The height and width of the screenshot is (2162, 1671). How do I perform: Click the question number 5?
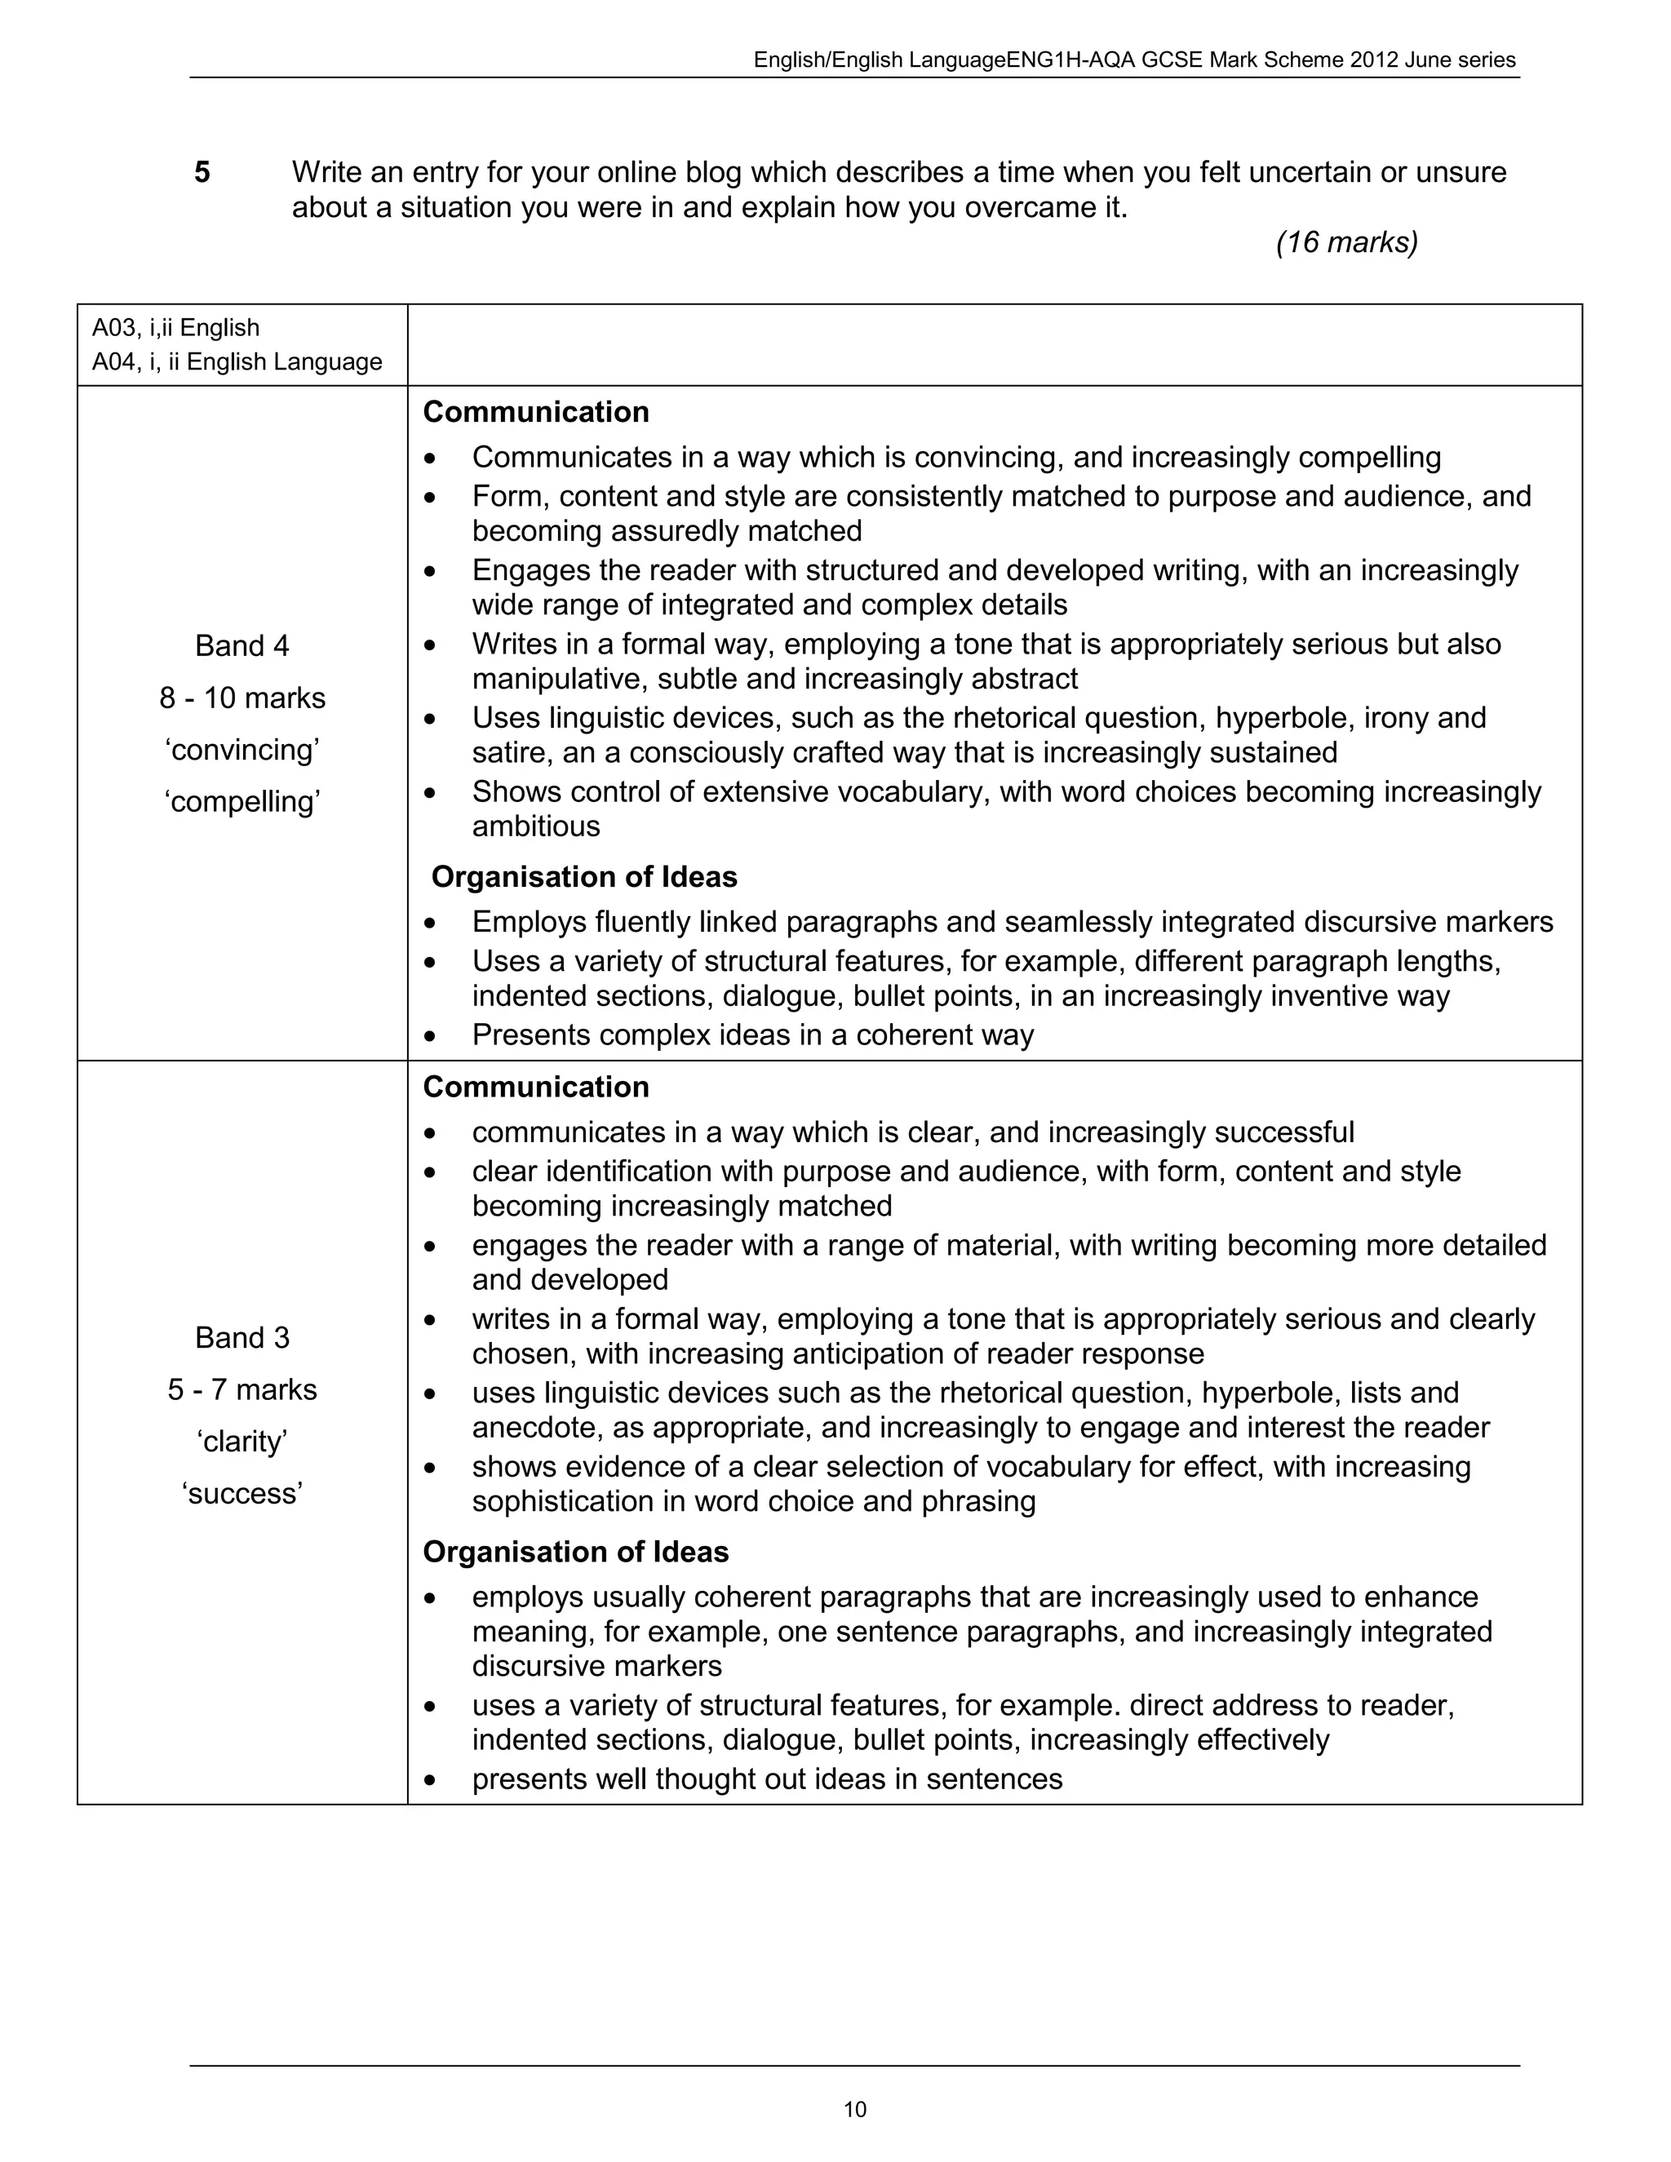pyautogui.click(x=202, y=173)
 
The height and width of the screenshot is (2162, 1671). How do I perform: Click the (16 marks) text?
pyautogui.click(x=1346, y=241)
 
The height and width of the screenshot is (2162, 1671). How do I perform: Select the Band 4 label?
pyautogui.click(x=242, y=645)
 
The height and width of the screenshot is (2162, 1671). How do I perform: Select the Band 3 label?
pyautogui.click(x=242, y=1337)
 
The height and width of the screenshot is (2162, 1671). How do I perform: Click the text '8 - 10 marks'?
pyautogui.click(x=242, y=698)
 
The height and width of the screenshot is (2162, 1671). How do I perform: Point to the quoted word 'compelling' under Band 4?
pyautogui.click(x=242, y=801)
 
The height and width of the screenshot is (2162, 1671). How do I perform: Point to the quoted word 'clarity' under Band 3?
pyautogui.click(x=242, y=1442)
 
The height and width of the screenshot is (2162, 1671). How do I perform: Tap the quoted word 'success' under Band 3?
pyautogui.click(x=242, y=1493)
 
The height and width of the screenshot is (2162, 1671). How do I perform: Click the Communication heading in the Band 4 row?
pyautogui.click(x=535, y=412)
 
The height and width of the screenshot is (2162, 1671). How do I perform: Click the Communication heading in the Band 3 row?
pyautogui.click(x=535, y=1087)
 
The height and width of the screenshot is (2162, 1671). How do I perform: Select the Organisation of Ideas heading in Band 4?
pyautogui.click(x=584, y=877)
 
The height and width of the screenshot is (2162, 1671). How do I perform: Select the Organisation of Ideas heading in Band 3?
pyautogui.click(x=575, y=1551)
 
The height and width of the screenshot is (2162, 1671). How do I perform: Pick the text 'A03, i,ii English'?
pyautogui.click(x=175, y=328)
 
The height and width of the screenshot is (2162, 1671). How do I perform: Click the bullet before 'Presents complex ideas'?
pyautogui.click(x=428, y=1035)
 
